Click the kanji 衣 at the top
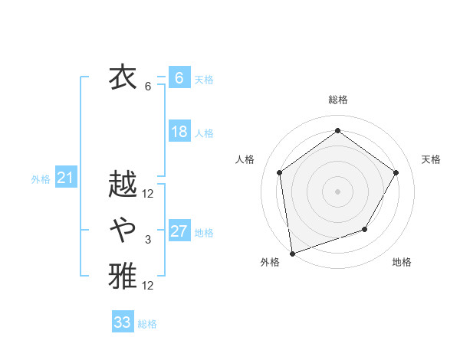(x=123, y=78)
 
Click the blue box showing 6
(x=179, y=78)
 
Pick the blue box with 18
(x=179, y=132)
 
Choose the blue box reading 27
(x=179, y=231)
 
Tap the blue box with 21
(x=65, y=178)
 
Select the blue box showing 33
(x=123, y=322)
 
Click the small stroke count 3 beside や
(x=148, y=241)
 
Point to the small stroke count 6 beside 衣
(x=148, y=87)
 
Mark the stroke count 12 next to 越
(x=148, y=194)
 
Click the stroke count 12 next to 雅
(x=148, y=286)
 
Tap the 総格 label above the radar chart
(x=337, y=100)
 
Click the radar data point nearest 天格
(x=396, y=172)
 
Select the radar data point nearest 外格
(x=292, y=252)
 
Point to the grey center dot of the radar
(x=337, y=191)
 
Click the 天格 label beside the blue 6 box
(x=203, y=80)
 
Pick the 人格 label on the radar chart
(x=245, y=159)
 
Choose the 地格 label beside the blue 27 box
(x=204, y=233)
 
